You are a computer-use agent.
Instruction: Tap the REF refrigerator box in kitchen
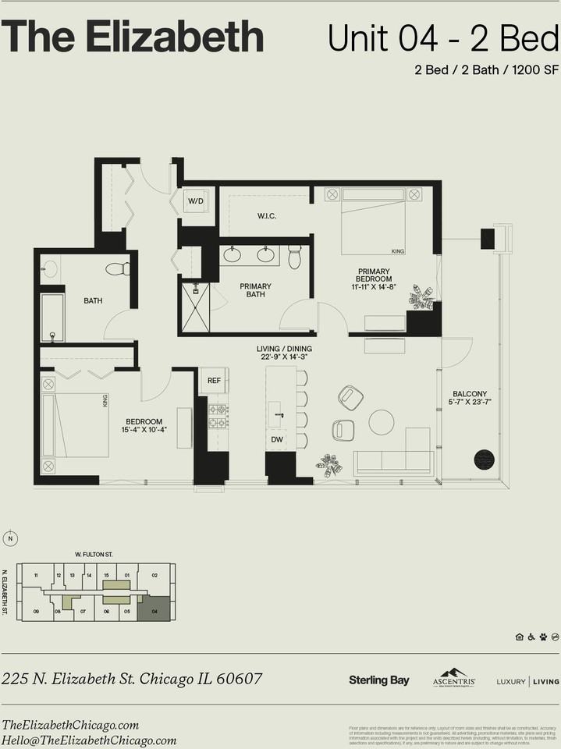pos(212,381)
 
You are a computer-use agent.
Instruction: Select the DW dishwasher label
pos(277,440)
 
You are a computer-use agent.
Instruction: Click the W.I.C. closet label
pos(267,215)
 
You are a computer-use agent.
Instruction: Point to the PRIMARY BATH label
pos(255,291)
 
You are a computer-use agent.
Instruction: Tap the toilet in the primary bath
pos(294,256)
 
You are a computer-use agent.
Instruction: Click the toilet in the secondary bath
pos(118,269)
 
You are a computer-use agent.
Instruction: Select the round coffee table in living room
pos(382,422)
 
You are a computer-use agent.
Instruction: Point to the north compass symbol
pos(10,538)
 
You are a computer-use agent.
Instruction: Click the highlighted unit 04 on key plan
pos(155,609)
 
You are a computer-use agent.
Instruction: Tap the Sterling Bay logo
pos(378,680)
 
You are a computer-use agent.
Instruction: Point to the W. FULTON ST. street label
pos(94,554)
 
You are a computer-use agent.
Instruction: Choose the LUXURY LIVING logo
pos(527,681)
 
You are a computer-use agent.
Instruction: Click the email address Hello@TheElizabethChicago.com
pos(89,740)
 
